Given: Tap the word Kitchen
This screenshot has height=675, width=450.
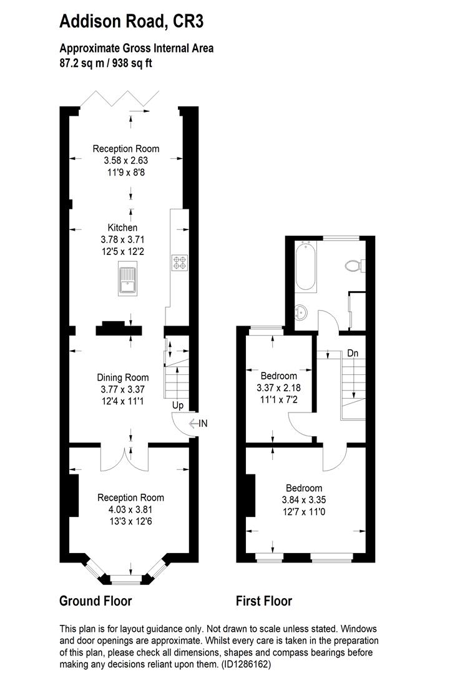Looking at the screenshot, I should [122, 227].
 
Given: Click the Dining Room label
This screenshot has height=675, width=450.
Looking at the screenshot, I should [122, 377].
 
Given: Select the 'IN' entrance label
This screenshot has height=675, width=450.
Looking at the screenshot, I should [203, 424].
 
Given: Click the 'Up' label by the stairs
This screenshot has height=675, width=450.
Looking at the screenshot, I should [178, 406].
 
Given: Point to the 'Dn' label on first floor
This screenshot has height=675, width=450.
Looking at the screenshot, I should [353, 353].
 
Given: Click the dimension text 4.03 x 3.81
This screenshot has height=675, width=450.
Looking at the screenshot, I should [130, 509].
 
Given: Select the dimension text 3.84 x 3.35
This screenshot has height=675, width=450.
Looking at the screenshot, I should [304, 499].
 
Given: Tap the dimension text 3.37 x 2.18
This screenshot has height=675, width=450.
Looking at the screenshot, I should [278, 387].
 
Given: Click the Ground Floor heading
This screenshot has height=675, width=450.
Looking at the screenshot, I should [95, 601].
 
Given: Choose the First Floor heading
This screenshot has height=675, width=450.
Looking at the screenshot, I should [263, 601].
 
